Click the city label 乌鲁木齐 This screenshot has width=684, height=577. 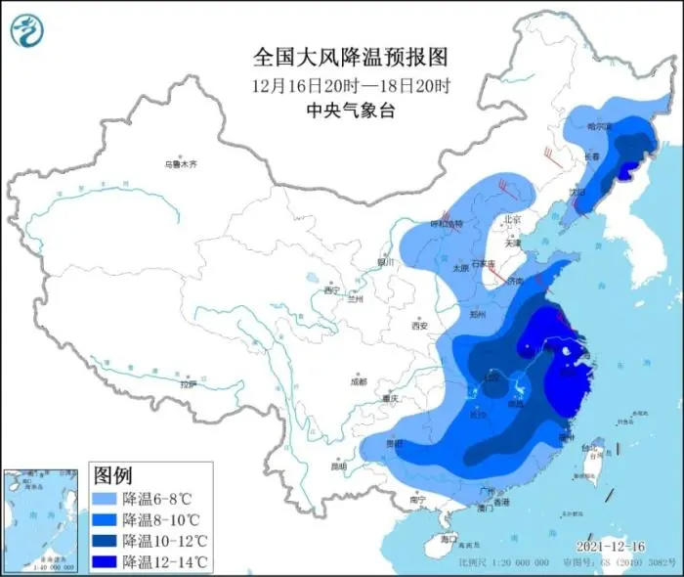pyautogui.click(x=180, y=163)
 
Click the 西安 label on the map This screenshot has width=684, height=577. pyautogui.click(x=420, y=326)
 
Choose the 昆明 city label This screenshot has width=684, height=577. pyautogui.click(x=338, y=466)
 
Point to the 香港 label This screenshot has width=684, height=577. pyautogui.click(x=501, y=502)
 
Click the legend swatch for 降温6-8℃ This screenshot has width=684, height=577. pyautogui.click(x=106, y=498)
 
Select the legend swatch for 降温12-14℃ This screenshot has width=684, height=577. pyautogui.click(x=106, y=560)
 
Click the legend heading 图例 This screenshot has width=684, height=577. pyautogui.click(x=112, y=475)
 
